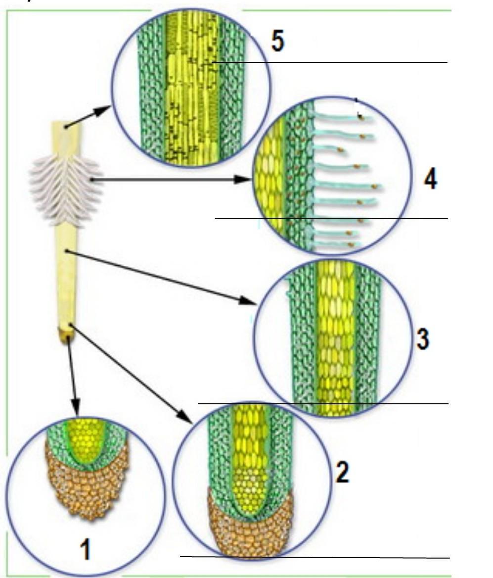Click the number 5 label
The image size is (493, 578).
tap(278, 41)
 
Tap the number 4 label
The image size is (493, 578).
tap(431, 180)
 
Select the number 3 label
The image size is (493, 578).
tap(423, 339)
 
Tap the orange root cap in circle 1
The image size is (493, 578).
tap(88, 486)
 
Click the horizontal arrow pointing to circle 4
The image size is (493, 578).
tap(171, 180)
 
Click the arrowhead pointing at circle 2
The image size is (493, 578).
tap(184, 416)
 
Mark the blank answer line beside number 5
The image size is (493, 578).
tap(330, 62)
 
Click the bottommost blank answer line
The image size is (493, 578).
tap(315, 557)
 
